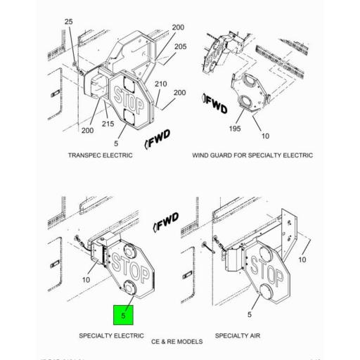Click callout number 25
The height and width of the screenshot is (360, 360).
[69, 22]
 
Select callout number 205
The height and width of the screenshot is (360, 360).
[181, 47]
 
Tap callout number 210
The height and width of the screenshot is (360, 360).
[161, 84]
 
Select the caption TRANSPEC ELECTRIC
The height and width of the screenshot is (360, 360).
[99, 155]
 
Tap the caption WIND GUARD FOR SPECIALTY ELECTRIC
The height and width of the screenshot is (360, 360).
[252, 155]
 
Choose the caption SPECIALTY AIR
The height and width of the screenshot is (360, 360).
[237, 336]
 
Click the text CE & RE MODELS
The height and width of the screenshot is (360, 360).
[176, 342]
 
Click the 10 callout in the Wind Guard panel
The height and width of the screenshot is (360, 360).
[266, 136]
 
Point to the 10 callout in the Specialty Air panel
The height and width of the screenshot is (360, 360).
[304, 260]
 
